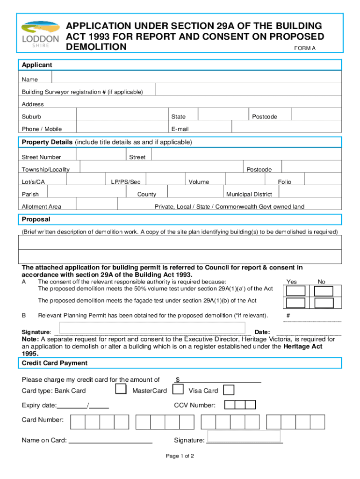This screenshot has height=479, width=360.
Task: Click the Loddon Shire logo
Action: pyautogui.click(x=41, y=34)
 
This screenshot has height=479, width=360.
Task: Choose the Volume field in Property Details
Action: pyautogui.click(x=245, y=180)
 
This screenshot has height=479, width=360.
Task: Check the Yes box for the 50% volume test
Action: pyautogui.click(x=295, y=290)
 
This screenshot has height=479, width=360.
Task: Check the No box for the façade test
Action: pyautogui.click(x=324, y=303)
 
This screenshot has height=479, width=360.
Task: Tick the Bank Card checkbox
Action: pyautogui.click(x=121, y=389)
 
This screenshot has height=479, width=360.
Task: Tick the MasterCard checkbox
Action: pyautogui.click(x=178, y=389)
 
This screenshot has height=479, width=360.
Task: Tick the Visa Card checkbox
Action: pyautogui.click(x=229, y=390)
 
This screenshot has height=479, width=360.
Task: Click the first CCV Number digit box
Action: pyautogui.click(x=230, y=405)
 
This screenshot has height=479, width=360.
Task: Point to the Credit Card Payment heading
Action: pyautogui.click(x=55, y=363)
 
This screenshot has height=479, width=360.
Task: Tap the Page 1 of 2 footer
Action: pyautogui.click(x=180, y=456)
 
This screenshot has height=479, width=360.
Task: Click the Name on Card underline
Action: pyautogui.click(x=110, y=440)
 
